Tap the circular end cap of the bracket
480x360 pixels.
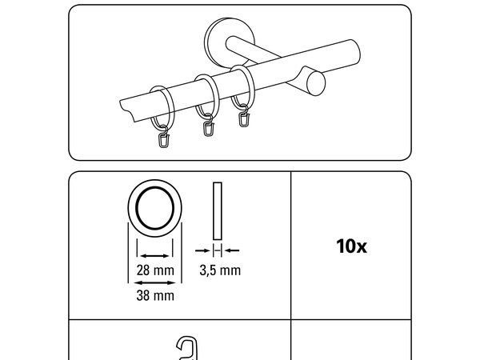(x=316, y=84)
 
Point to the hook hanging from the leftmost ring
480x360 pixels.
(x=164, y=137)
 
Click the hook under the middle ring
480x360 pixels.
(x=209, y=126)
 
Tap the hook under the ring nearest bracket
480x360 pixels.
(x=244, y=116)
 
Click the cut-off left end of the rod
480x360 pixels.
(x=128, y=110)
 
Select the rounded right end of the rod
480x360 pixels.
(x=354, y=52)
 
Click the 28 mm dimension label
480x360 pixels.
(x=155, y=270)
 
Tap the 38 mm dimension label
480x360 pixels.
(x=155, y=296)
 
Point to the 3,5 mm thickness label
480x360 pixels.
(x=220, y=270)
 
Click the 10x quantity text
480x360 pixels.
(x=351, y=246)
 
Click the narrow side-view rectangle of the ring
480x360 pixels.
(x=218, y=211)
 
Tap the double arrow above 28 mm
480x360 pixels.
(x=155, y=256)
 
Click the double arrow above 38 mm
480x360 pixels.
(x=155, y=282)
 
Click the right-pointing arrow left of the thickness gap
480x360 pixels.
(x=202, y=250)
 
